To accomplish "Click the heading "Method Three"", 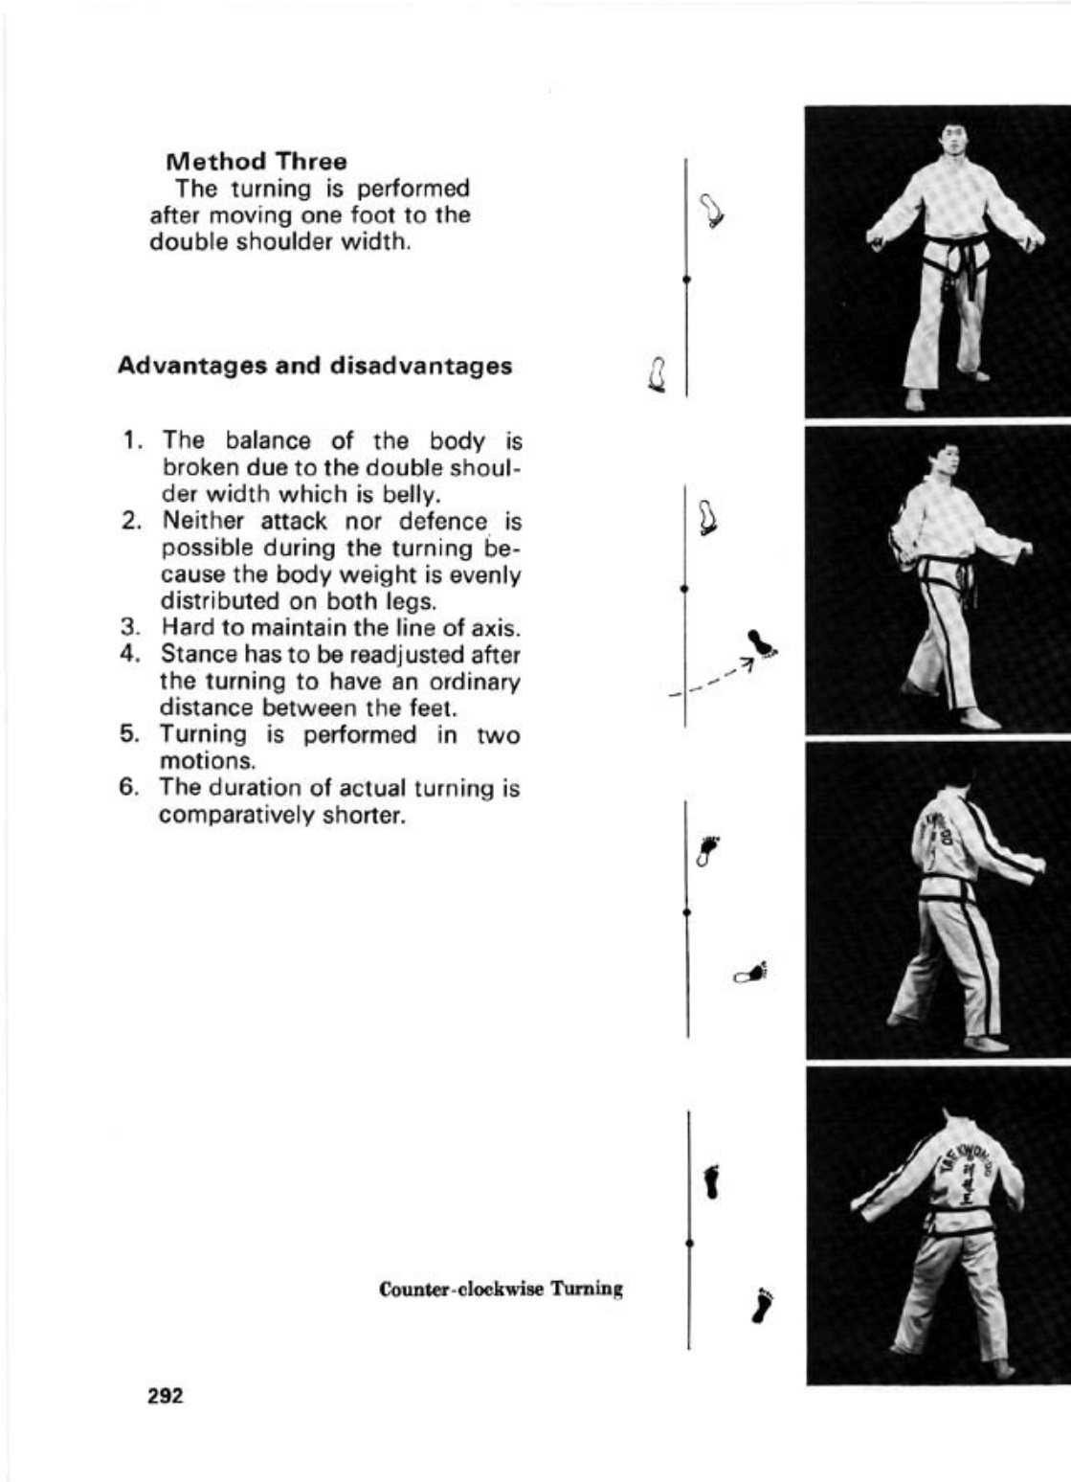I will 256,160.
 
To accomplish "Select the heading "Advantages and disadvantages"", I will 314,366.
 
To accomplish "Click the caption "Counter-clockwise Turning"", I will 501,1289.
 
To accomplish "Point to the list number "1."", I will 134,441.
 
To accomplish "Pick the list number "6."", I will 133,788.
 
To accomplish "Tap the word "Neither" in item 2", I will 199,522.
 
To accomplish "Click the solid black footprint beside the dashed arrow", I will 763,644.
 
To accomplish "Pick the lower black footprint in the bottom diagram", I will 763,1306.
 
